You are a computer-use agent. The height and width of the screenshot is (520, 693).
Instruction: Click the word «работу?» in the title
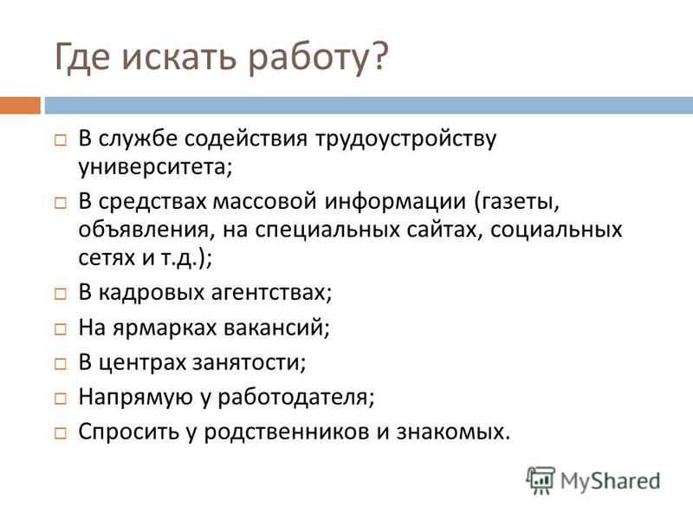[318, 57]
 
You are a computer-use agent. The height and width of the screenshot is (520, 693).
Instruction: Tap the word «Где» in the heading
[81, 55]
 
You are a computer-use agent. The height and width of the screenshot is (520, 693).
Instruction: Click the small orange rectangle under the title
[20, 105]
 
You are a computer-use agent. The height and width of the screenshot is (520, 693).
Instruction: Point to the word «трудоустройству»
[406, 140]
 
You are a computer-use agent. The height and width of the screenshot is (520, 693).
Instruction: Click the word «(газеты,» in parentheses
[517, 202]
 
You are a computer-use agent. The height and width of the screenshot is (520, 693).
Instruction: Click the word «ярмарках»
[165, 328]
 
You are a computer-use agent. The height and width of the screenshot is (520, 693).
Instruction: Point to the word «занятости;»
[249, 363]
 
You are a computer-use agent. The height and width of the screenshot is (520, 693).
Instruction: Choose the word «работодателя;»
[295, 398]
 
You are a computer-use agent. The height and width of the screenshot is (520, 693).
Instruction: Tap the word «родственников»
[287, 432]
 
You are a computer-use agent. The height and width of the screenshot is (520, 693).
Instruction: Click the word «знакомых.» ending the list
[453, 432]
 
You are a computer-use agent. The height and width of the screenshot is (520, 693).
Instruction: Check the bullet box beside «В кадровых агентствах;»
[61, 294]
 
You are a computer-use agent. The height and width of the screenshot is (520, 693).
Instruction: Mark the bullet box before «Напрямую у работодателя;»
[61, 399]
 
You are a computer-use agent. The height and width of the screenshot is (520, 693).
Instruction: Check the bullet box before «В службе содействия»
[61, 140]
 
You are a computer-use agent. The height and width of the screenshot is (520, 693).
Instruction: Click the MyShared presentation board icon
[541, 480]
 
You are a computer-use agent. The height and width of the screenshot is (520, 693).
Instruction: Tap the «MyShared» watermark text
[610, 482]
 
